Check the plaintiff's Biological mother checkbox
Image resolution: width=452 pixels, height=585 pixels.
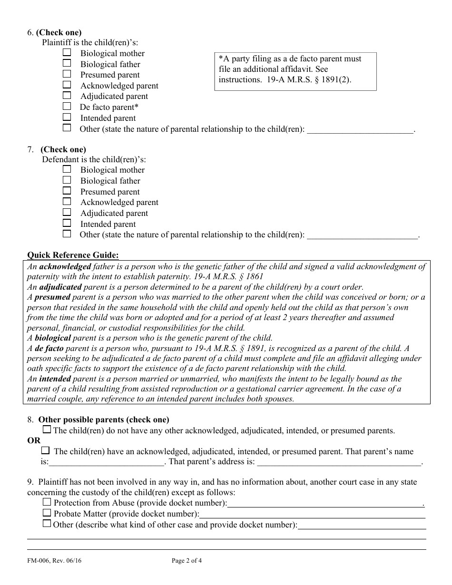[x=67, y=52]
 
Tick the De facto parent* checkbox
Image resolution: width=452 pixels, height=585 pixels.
[x=67, y=107]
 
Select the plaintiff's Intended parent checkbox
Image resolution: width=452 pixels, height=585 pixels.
[x=67, y=117]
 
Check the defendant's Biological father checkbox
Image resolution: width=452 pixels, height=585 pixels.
[x=67, y=180]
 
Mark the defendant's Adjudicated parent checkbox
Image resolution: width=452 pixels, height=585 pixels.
[x=67, y=212]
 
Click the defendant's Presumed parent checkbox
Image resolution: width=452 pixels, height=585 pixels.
[x=67, y=191]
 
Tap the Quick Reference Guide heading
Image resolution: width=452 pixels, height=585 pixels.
[x=73, y=255]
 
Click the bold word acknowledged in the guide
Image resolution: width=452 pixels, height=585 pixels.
[x=65, y=266]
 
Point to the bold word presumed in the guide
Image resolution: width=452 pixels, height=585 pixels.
[x=52, y=297]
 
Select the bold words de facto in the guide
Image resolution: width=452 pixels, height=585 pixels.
[x=49, y=348]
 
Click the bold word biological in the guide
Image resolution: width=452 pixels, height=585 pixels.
[x=53, y=338]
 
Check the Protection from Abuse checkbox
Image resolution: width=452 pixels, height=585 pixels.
[x=47, y=502]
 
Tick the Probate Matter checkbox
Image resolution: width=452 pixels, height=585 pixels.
[x=47, y=513]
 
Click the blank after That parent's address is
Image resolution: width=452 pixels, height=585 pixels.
[x=339, y=462]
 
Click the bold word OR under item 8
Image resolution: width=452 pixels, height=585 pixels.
[x=34, y=441]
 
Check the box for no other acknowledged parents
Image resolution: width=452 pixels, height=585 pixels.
[x=47, y=429]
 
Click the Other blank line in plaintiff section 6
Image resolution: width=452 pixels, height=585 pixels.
[x=360, y=129]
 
